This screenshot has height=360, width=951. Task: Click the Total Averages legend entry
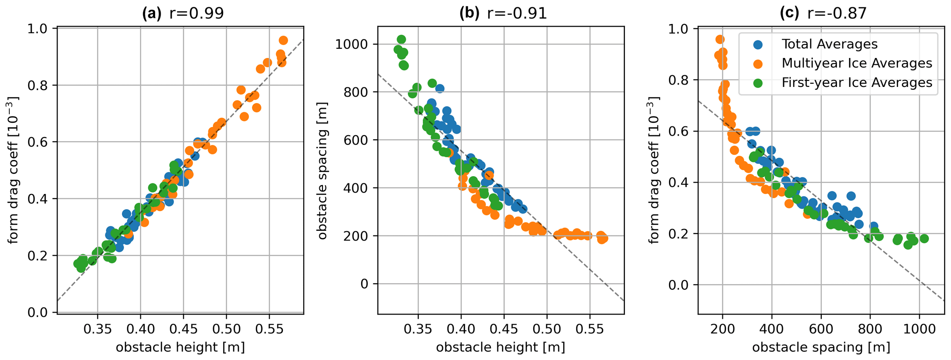pos(830,44)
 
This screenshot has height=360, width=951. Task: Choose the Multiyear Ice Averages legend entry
pos(857,63)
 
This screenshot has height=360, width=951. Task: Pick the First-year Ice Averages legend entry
pos(857,82)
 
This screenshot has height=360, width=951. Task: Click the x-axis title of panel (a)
pos(180,348)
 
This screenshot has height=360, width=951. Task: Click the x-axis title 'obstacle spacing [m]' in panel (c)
pos(821,348)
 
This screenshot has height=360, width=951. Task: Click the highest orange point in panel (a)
pos(283,40)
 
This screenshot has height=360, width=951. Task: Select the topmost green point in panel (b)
pos(401,40)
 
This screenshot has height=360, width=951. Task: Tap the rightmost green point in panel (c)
pos(924,238)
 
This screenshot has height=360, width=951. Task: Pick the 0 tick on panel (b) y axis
pos(365,284)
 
